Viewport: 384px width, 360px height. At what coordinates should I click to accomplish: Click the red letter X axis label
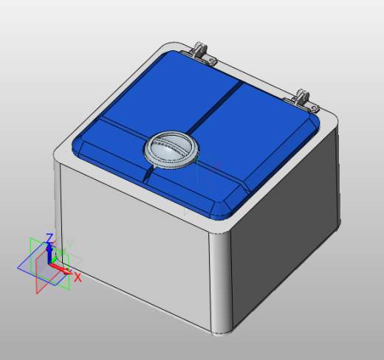pyautogui.click(x=77, y=278)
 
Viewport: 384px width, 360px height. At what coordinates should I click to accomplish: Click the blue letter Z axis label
pyautogui.click(x=49, y=238)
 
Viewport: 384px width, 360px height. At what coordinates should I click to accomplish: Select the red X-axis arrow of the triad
pyautogui.click(x=64, y=271)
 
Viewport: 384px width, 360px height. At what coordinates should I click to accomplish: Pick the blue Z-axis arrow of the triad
pyautogui.click(x=49, y=251)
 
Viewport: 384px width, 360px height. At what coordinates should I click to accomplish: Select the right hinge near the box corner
pyautogui.click(x=304, y=97)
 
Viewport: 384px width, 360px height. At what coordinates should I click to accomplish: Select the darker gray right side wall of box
pyautogui.click(x=288, y=236)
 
